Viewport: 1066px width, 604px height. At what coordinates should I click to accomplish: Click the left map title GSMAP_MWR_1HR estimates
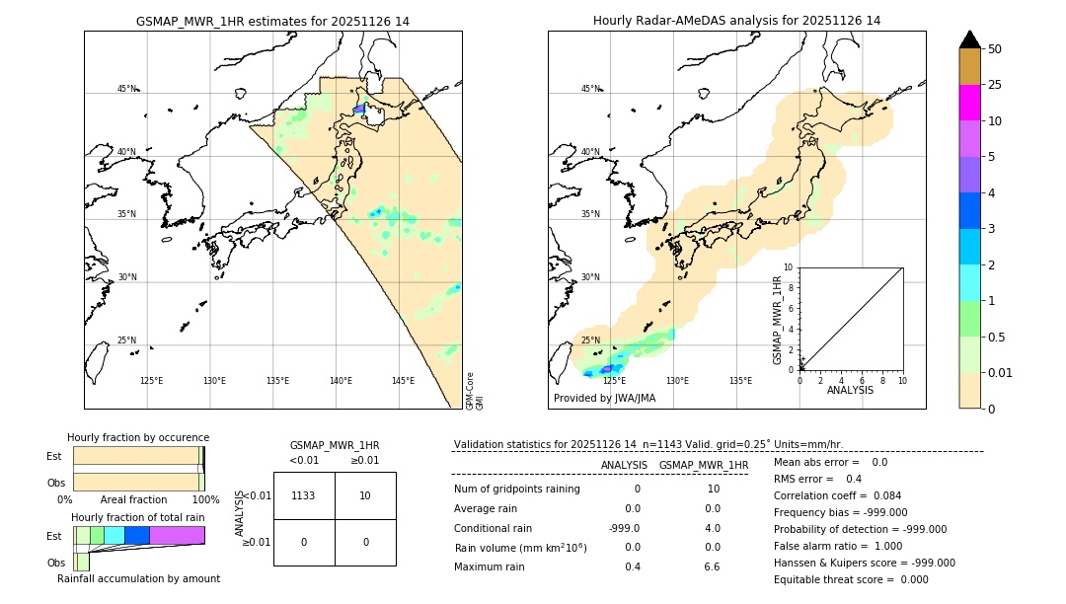(x=272, y=21)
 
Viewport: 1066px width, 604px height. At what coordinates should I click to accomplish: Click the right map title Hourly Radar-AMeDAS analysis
(x=736, y=21)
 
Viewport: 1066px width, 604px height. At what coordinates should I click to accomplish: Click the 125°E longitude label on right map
(x=614, y=381)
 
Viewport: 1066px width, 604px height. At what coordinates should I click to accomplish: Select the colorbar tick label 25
(x=995, y=85)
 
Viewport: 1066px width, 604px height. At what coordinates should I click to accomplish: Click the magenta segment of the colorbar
(x=970, y=103)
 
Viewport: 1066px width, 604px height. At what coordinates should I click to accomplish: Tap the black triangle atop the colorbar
(x=970, y=39)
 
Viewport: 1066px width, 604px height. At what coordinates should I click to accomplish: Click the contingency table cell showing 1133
(x=304, y=495)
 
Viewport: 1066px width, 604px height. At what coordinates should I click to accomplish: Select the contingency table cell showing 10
(x=365, y=495)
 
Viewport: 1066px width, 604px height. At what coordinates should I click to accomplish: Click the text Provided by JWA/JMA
(x=604, y=399)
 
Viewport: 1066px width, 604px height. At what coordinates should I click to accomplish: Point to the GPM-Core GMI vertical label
(x=474, y=391)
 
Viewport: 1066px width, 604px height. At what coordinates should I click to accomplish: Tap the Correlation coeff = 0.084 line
(x=837, y=495)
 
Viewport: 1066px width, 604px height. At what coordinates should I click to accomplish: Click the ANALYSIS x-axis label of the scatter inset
(x=850, y=390)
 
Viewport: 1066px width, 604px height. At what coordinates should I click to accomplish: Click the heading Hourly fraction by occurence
(x=138, y=437)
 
